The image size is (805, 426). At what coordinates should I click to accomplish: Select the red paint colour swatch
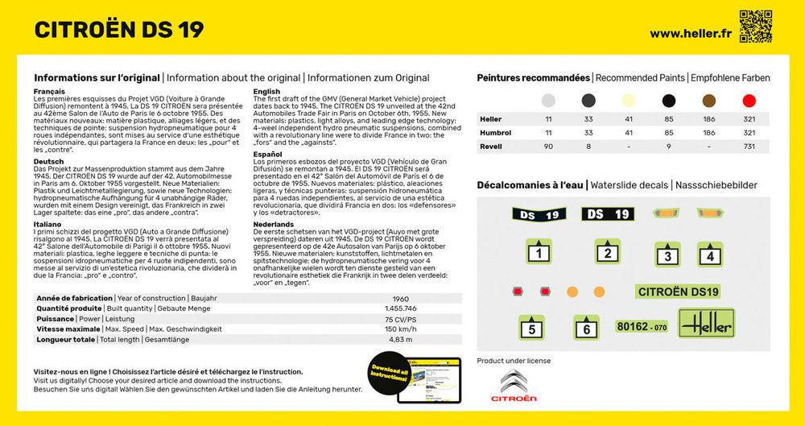[x=749, y=101]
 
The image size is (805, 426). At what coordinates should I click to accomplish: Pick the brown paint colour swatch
[x=709, y=101]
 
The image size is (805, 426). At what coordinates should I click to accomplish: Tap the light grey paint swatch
[x=548, y=101]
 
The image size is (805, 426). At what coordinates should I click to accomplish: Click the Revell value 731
[x=749, y=147]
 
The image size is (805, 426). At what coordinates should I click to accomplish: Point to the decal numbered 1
[x=538, y=254]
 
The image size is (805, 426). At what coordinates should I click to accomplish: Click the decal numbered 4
[x=708, y=255]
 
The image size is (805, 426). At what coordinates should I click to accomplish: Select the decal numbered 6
[x=586, y=327]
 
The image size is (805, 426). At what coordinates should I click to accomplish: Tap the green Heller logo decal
[x=706, y=325]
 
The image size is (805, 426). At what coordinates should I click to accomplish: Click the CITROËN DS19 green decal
[x=679, y=292]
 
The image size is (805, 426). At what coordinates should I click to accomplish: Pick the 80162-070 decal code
[x=642, y=327]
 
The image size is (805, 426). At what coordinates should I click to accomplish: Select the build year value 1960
[x=412, y=298]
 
